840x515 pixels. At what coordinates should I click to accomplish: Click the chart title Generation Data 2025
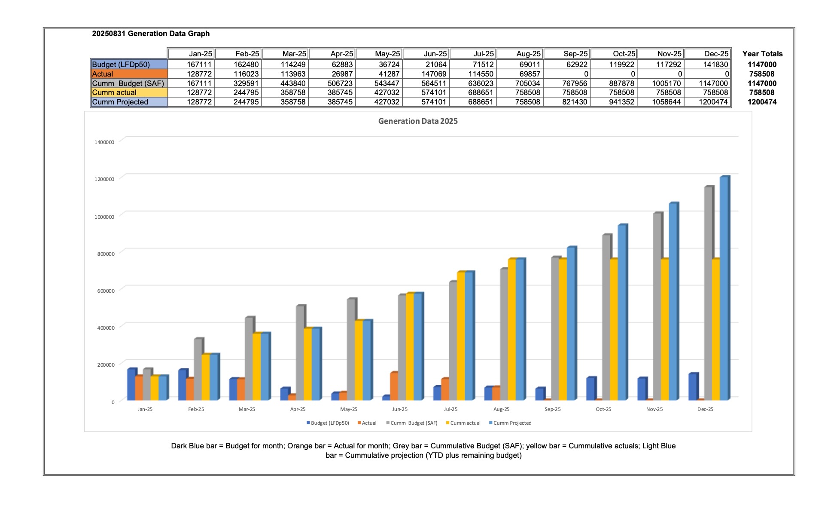(x=417, y=121)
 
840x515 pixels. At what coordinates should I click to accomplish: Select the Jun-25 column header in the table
(x=435, y=54)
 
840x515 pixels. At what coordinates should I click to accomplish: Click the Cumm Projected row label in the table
(x=120, y=102)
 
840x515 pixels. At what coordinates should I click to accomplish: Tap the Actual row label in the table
(x=103, y=74)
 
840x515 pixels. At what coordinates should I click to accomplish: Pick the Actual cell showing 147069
(x=434, y=74)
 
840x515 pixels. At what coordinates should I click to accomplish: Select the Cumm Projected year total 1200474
(x=762, y=102)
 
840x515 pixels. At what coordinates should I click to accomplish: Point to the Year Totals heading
(x=762, y=54)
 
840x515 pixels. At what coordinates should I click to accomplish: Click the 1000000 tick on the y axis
(x=104, y=217)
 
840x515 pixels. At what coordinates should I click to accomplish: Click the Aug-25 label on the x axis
(x=501, y=409)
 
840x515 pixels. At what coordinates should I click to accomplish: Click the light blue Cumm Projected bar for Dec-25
(x=724, y=288)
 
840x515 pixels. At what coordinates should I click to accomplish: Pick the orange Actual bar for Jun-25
(x=393, y=386)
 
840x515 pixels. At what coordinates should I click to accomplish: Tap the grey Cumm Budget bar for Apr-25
(x=300, y=353)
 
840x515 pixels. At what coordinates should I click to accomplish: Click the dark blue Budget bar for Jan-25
(x=131, y=384)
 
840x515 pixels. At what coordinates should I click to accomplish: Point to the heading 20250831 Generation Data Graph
(x=151, y=34)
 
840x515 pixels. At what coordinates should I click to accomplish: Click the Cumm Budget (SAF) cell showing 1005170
(x=666, y=83)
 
